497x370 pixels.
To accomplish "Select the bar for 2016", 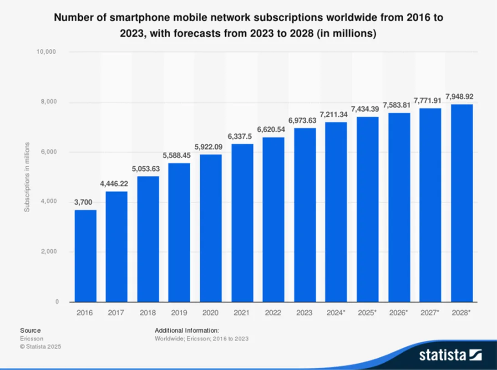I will pyautogui.click(x=86, y=256).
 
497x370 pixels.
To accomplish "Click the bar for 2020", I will pyautogui.click(x=211, y=228).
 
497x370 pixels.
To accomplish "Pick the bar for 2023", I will pyautogui.click(x=305, y=215).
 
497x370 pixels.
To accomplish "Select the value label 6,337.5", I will pyautogui.click(x=242, y=137).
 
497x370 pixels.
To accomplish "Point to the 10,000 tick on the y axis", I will pyautogui.click(x=46, y=52).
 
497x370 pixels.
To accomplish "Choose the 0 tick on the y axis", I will pyautogui.click(x=57, y=302).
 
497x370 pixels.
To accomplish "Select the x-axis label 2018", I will pyautogui.click(x=148, y=313).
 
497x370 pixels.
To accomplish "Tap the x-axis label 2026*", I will pyautogui.click(x=399, y=313).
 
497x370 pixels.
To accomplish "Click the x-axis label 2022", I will pyautogui.click(x=273, y=313).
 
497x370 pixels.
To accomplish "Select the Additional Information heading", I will pyautogui.click(x=187, y=330).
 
